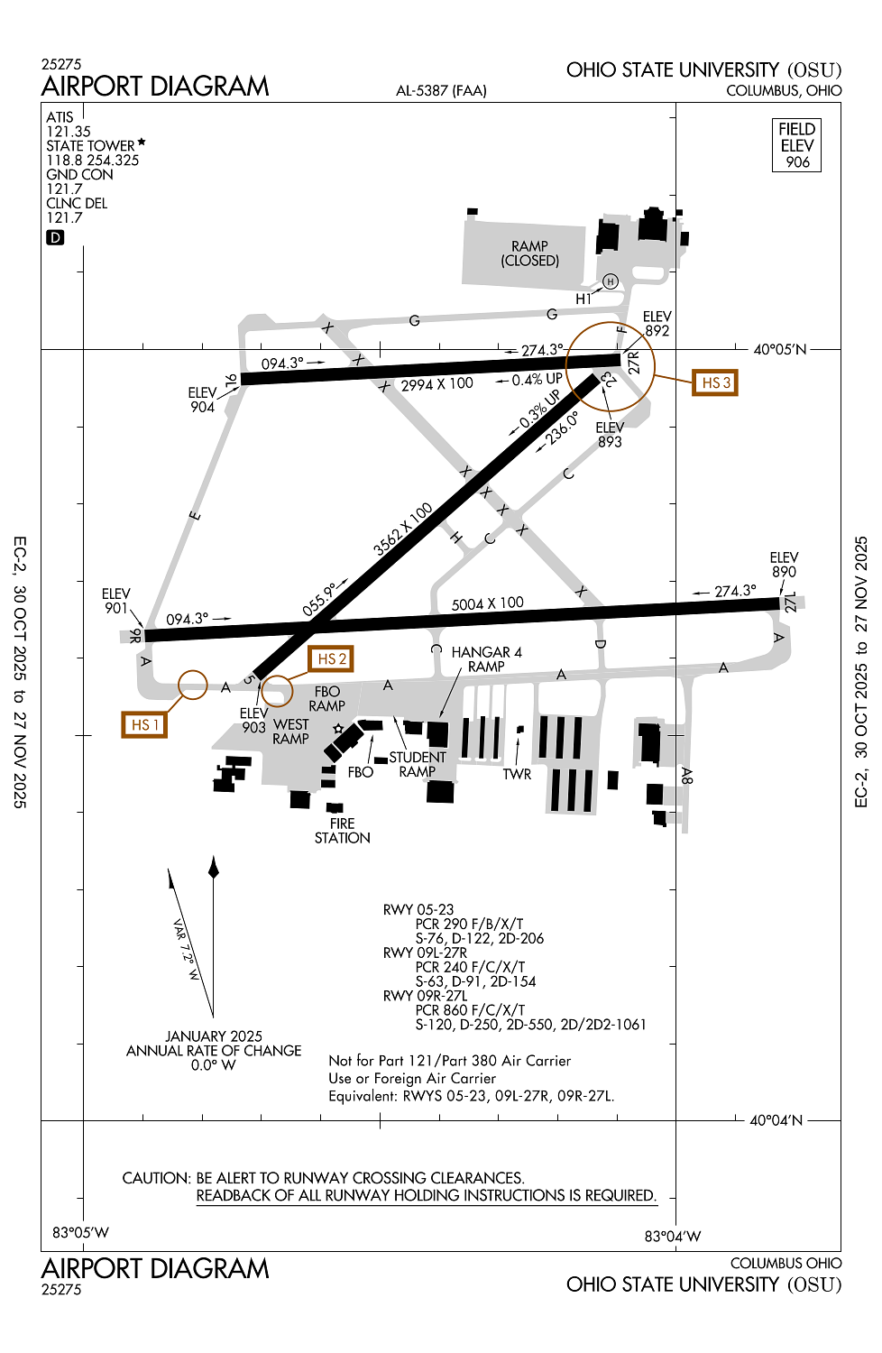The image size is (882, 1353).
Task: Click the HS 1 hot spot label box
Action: (x=144, y=724)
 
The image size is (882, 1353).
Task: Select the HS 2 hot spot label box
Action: (x=331, y=659)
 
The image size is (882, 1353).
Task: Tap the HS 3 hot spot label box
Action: (x=715, y=382)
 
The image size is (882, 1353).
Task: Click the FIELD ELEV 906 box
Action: (x=797, y=145)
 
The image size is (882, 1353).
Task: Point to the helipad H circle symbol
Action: (x=611, y=281)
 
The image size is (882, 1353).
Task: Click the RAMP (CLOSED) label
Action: (x=529, y=253)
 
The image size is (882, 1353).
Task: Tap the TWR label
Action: (x=517, y=774)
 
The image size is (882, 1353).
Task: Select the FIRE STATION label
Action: (x=342, y=831)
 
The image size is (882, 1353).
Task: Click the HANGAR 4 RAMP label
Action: (x=486, y=659)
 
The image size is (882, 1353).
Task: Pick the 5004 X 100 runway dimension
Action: (x=487, y=603)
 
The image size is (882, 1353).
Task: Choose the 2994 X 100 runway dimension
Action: (x=436, y=384)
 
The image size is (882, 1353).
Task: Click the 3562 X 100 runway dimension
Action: (x=402, y=529)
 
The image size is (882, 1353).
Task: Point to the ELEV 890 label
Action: (x=784, y=565)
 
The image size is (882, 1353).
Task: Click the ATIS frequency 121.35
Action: (x=69, y=132)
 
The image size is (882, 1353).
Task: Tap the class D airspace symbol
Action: (x=56, y=237)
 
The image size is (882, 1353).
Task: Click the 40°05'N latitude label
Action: (x=779, y=349)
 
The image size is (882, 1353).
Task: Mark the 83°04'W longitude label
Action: (x=672, y=1236)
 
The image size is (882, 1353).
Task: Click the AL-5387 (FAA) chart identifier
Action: (x=441, y=90)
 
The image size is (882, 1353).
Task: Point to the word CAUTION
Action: (x=155, y=1178)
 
